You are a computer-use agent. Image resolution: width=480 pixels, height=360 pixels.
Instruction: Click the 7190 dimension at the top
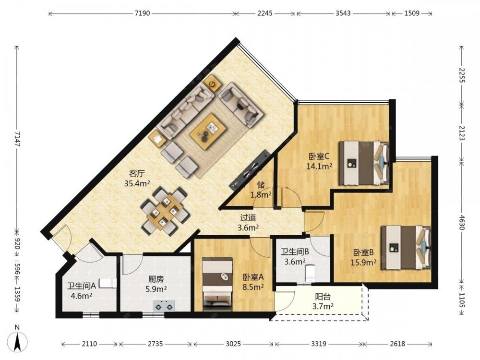tap(143, 13)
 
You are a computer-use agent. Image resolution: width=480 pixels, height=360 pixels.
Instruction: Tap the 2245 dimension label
tap(265, 13)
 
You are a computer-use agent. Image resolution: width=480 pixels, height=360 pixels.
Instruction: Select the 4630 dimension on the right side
tap(462, 222)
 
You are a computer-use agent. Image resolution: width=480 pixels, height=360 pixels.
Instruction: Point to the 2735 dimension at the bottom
tap(155, 344)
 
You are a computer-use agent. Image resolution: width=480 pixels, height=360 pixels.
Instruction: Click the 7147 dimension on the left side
tap(17, 139)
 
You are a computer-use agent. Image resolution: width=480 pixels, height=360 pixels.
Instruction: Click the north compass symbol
tap(18, 340)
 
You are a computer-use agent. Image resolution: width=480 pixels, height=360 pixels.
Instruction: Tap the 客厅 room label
tap(136, 174)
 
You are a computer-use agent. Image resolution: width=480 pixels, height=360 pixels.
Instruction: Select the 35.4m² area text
tap(137, 183)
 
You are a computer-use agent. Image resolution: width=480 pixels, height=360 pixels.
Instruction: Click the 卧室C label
tap(319, 157)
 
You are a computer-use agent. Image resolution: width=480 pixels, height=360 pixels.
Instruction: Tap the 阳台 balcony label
tap(323, 297)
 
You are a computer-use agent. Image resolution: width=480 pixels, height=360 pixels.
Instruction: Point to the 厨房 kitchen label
tap(156, 279)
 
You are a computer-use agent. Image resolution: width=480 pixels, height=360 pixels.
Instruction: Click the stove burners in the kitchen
tap(164, 305)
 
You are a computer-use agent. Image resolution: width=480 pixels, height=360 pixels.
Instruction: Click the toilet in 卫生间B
tap(310, 273)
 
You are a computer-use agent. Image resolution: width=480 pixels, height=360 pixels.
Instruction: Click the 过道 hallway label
tap(248, 218)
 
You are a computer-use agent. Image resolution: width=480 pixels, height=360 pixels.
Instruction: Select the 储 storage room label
tap(261, 185)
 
